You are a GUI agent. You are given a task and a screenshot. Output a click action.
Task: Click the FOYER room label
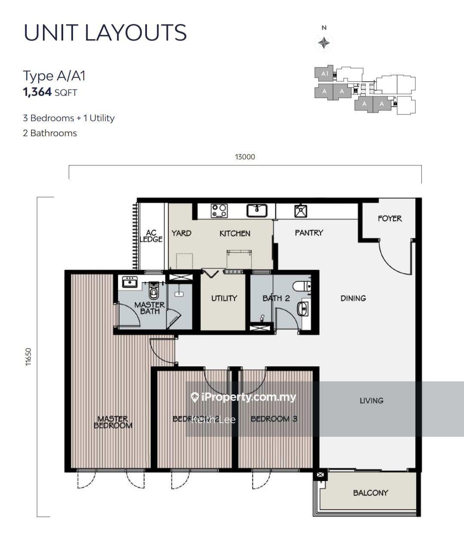pos(390,219)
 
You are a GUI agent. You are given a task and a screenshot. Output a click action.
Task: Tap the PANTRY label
pos(309,233)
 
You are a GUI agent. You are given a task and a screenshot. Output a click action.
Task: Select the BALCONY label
pos(370,493)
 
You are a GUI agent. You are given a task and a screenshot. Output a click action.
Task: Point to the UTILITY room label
pos(224,298)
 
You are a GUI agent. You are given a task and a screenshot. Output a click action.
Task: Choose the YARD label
pos(181,233)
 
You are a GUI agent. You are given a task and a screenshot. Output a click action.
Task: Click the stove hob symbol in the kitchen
pos(219,211)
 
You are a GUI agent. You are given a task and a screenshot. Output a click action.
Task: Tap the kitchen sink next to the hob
pos(257,210)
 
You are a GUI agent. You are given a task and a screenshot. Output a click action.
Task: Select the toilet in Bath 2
pos(302,286)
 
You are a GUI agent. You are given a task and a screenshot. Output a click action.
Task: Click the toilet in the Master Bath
pos(153,292)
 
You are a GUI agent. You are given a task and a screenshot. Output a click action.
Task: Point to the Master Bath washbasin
pos(129,282)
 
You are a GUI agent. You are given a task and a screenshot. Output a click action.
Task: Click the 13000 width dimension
pos(245,157)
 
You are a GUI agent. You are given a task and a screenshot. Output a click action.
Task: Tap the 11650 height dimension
pos(28,356)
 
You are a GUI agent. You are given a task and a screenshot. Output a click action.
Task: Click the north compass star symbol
pos(324,43)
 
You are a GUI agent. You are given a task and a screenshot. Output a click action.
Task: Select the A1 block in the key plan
pos(324,73)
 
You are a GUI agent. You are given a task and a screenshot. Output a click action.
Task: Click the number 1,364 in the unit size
pos(37,92)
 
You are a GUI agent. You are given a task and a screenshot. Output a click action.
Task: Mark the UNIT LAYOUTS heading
pos(105,33)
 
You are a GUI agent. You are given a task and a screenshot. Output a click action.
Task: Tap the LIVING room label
pos(371,401)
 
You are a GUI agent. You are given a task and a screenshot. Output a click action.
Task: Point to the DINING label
pos(353,298)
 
